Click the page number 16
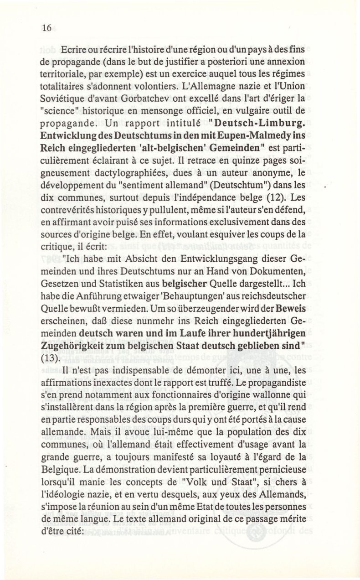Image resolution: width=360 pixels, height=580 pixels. (x=46, y=27)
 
